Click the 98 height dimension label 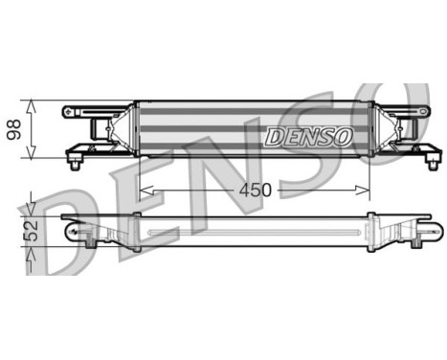pyautogui.click(x=13, y=128)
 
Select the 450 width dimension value pyautogui.click(x=254, y=190)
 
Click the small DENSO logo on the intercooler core pyautogui.click(x=308, y=137)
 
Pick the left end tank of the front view pyautogui.click(x=120, y=128)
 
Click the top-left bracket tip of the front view pyautogui.click(x=68, y=111)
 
